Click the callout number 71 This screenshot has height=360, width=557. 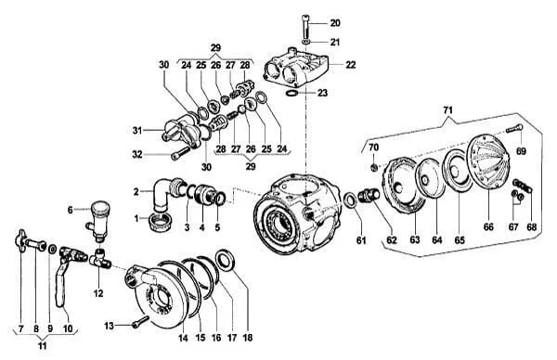[x=448, y=110]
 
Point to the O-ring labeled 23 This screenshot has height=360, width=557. [x=291, y=93]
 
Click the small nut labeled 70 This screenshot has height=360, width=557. [x=373, y=167]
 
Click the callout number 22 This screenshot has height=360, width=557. [x=350, y=65]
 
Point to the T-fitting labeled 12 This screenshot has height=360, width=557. [x=99, y=260]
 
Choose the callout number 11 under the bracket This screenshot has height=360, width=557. [x=43, y=346]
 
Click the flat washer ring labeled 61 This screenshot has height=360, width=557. [x=351, y=199]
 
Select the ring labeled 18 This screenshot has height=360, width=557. [x=224, y=261]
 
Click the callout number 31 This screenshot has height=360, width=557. [x=137, y=130]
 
